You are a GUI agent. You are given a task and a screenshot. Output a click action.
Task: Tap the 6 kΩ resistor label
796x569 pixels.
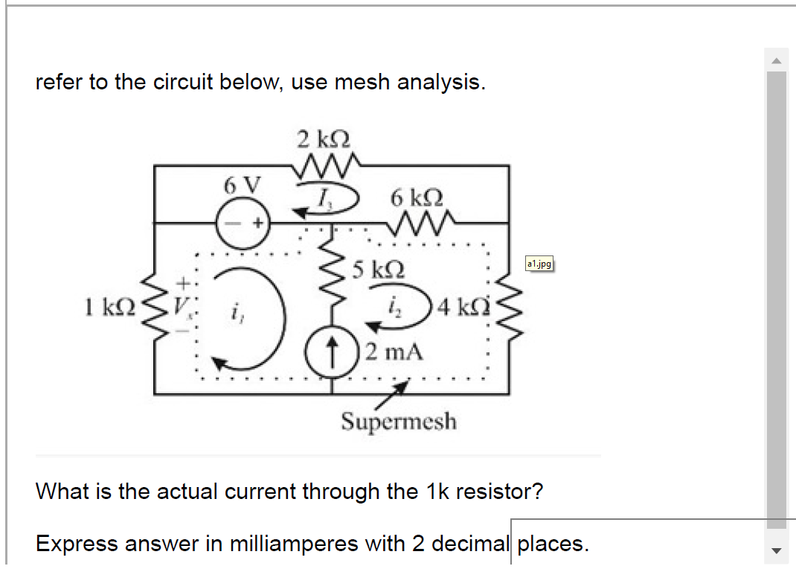click(417, 198)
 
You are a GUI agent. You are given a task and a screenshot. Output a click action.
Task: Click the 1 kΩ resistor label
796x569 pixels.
click(109, 305)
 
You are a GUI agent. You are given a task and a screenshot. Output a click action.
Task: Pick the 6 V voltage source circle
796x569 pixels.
click(240, 221)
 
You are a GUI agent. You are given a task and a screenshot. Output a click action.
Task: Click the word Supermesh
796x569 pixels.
click(399, 422)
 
